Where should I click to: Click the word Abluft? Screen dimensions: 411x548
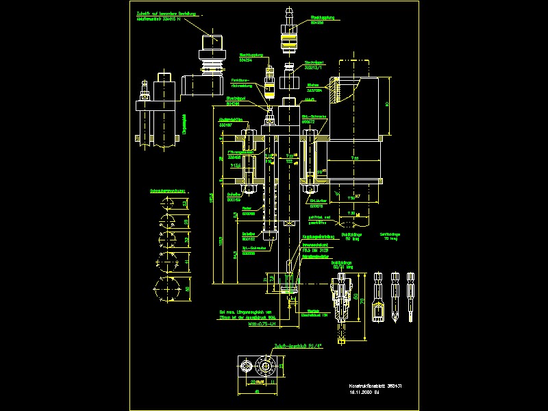coord(308,99)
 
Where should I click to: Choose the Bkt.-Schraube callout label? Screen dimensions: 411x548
coord(314,117)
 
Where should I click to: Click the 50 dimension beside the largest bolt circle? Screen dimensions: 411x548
coord(188,290)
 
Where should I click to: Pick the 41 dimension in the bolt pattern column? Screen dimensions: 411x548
coord(188,261)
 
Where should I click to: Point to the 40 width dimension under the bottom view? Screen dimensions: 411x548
coord(256,392)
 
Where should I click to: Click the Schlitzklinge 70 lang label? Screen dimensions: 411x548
coord(390,236)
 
